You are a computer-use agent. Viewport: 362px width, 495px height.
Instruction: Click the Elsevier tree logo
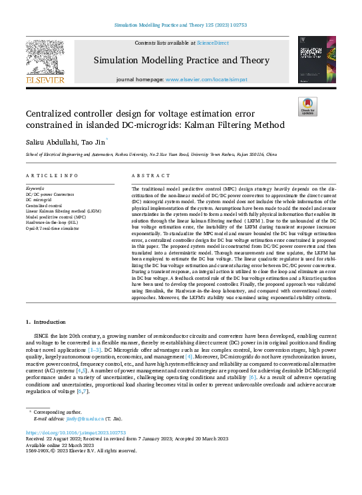(45, 60)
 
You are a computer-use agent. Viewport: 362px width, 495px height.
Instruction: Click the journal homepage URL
(206, 79)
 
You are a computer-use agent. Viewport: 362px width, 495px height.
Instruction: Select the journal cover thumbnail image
(317, 60)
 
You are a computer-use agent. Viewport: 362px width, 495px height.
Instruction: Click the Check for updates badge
(308, 107)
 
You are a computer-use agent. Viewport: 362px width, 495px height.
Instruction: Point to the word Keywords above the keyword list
(35, 189)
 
